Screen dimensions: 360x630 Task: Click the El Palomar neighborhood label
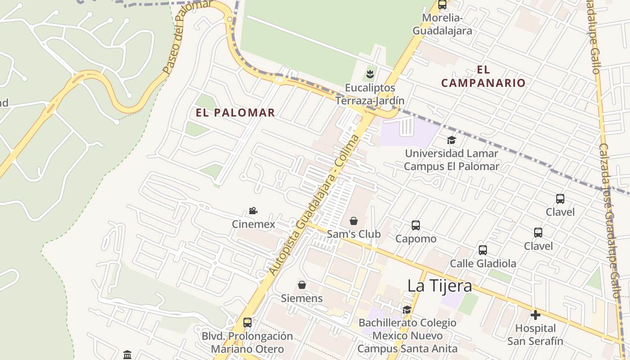pyautogui.click(x=235, y=112)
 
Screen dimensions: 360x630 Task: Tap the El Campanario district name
pyautogui.click(x=483, y=76)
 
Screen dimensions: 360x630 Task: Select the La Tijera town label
pyautogui.click(x=440, y=286)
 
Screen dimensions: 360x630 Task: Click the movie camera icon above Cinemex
pyautogui.click(x=253, y=211)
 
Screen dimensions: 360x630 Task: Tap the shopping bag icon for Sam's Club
pyautogui.click(x=354, y=221)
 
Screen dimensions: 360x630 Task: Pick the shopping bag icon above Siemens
pyautogui.click(x=302, y=285)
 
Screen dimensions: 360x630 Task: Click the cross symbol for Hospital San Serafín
pyautogui.click(x=535, y=315)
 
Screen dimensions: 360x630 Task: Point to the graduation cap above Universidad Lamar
pyautogui.click(x=451, y=140)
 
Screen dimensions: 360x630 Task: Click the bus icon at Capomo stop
pyautogui.click(x=416, y=225)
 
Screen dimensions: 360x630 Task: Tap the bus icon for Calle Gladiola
pyautogui.click(x=483, y=250)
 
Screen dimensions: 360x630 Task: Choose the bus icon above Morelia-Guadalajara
pyautogui.click(x=442, y=5)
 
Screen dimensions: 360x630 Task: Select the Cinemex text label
pyautogui.click(x=253, y=224)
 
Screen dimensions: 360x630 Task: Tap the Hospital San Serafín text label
pyautogui.click(x=535, y=335)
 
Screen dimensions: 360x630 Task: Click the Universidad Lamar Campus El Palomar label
pyautogui.click(x=451, y=160)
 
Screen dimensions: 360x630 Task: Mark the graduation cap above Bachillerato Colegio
pyautogui.click(x=407, y=310)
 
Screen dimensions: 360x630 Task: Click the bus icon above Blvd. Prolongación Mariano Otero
pyautogui.click(x=247, y=322)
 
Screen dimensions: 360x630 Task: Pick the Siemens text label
pyautogui.click(x=302, y=298)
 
